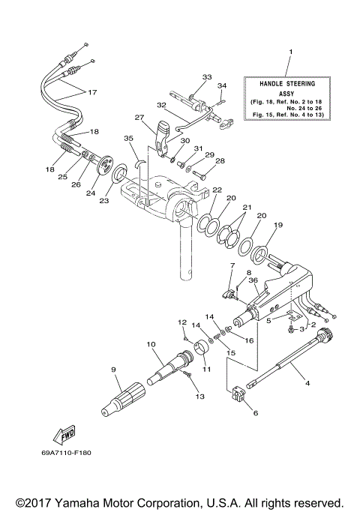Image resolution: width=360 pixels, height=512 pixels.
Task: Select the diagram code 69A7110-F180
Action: click(71, 452)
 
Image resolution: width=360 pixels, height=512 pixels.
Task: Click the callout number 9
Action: click(113, 369)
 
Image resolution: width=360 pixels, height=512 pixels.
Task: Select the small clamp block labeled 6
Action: click(241, 394)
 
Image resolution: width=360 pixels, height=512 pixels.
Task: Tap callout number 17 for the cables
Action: click(92, 93)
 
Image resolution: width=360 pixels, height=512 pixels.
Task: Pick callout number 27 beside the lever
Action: click(139, 117)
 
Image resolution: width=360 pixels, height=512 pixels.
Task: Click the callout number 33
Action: click(207, 77)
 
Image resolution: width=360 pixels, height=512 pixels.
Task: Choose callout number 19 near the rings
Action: click(277, 224)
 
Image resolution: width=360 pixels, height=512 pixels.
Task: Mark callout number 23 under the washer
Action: click(104, 200)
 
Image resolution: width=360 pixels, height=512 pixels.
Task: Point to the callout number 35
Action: click(128, 138)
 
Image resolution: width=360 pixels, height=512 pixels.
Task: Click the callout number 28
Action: click(220, 160)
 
